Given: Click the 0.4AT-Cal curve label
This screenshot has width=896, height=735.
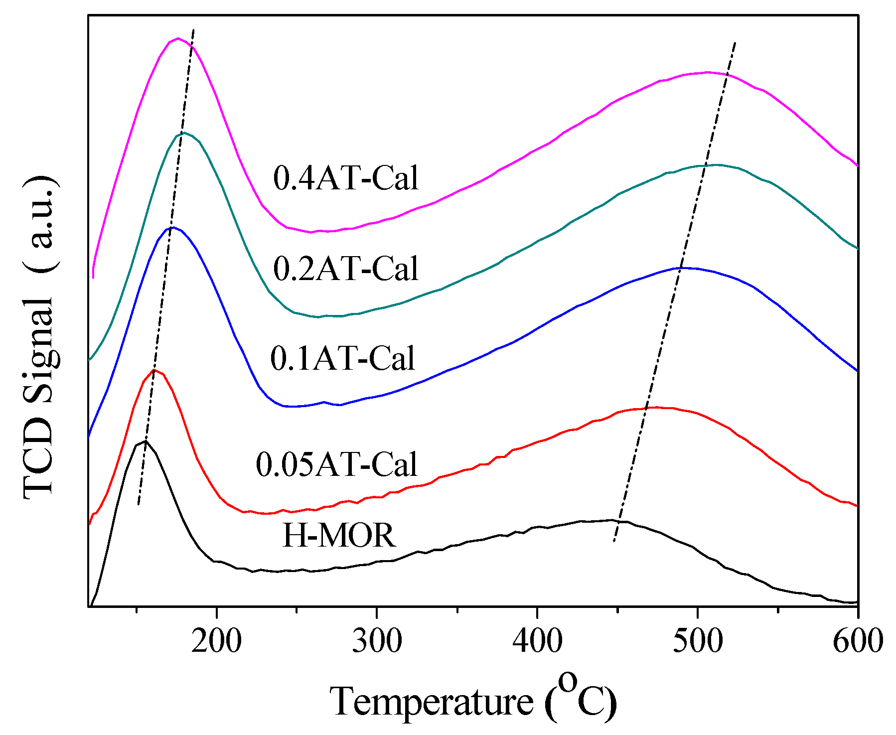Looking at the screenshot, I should pos(346,178).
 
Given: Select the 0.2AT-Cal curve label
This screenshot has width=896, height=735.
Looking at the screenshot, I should pos(346,269).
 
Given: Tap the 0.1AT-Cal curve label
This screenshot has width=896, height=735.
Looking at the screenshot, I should pos(342,358).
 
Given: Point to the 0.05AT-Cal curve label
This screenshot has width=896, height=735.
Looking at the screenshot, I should pos(336,464).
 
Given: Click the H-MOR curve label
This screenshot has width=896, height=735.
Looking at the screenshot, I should pos(339,536).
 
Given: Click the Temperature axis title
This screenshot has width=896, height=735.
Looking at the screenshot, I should pos(473,700).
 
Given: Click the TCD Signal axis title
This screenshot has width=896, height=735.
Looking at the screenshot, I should pos(40,336).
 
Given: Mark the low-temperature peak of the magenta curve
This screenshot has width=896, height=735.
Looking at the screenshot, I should pos(178,38).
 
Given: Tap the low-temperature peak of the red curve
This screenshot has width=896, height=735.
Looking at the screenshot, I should pos(154,370).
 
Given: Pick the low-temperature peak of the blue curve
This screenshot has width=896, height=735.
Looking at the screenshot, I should pos(172,227).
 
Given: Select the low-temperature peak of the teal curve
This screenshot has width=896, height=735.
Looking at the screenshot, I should pos(184,133).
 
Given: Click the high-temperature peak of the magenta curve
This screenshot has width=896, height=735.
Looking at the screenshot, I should pos(708,72).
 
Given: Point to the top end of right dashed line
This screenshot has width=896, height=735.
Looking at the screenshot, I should pos(735,43).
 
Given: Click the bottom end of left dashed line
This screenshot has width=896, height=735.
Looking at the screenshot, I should pos(138,505).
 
